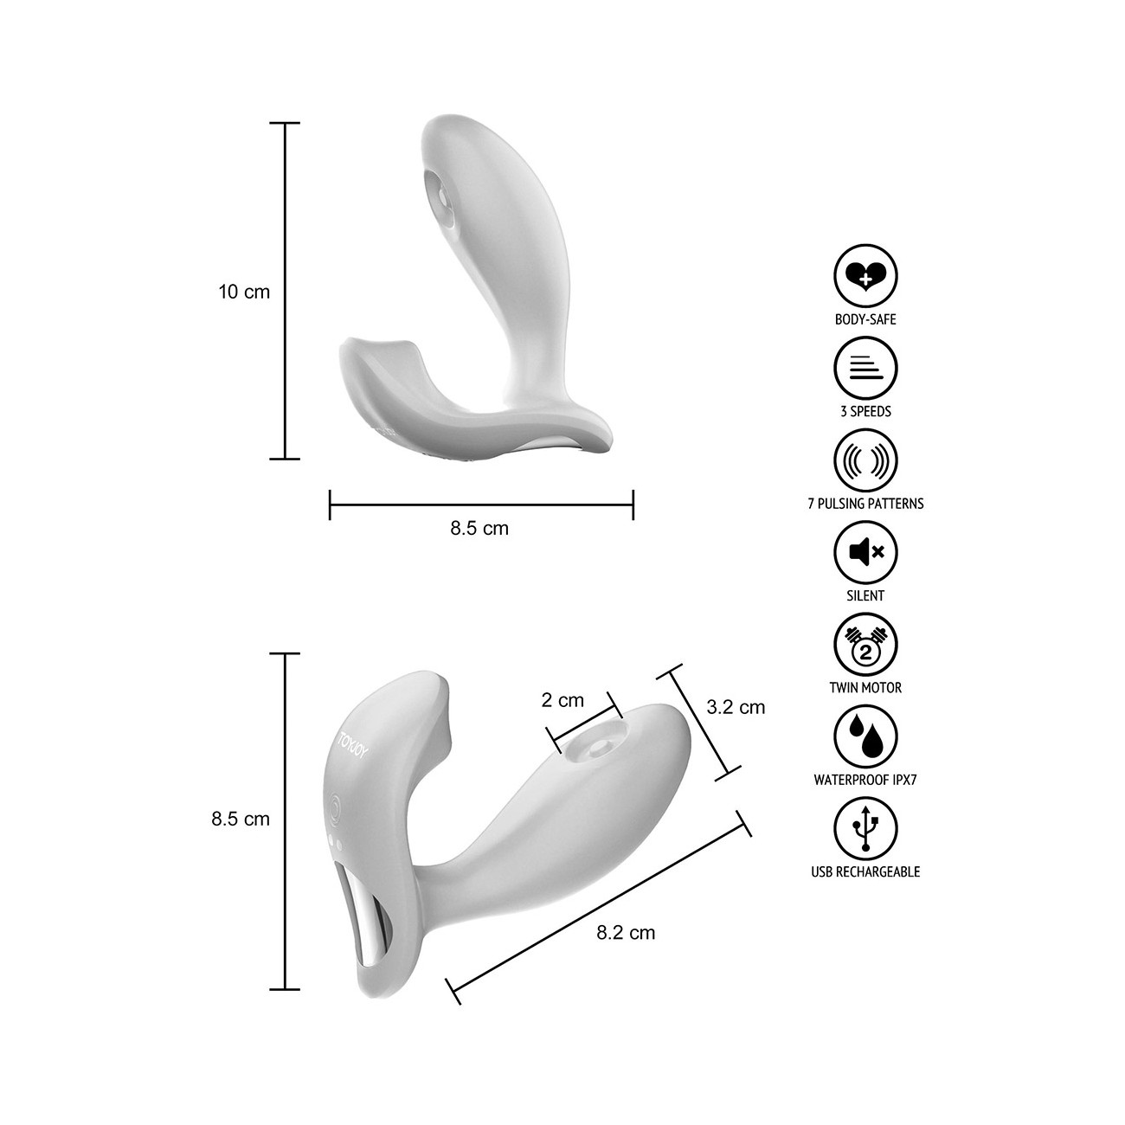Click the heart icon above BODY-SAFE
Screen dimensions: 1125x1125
click(x=865, y=276)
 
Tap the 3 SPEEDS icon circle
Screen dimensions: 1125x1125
click(x=865, y=369)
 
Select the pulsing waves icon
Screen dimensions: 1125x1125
click(x=865, y=460)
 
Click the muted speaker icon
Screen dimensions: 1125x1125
click(x=865, y=553)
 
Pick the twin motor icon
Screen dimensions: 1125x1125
click(x=865, y=645)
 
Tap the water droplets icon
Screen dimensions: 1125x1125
click(x=865, y=737)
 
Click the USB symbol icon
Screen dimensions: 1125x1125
click(x=865, y=829)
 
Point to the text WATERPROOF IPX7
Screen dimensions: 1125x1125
click(x=865, y=780)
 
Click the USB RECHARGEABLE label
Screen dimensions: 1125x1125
click(x=865, y=872)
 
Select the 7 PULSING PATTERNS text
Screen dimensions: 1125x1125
click(x=865, y=504)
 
